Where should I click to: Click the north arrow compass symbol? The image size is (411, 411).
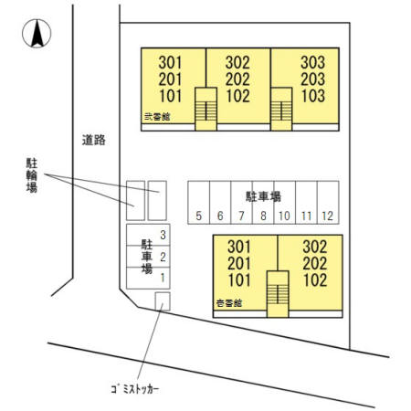(37, 34)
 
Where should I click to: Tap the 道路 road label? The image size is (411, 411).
(93, 141)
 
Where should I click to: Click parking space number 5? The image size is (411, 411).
(198, 216)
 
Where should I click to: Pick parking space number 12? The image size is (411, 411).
(328, 216)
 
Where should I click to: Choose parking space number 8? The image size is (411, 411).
(263, 216)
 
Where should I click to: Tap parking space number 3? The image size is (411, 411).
(163, 236)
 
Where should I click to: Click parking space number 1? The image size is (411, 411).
(163, 277)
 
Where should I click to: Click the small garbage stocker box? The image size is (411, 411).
(163, 300)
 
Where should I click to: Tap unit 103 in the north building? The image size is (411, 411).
(312, 95)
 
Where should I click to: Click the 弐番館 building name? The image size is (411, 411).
(157, 116)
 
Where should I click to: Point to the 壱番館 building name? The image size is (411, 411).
(229, 302)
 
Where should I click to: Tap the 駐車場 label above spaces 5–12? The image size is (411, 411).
(262, 196)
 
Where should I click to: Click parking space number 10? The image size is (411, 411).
(284, 216)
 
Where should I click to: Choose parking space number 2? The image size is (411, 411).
(163, 257)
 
